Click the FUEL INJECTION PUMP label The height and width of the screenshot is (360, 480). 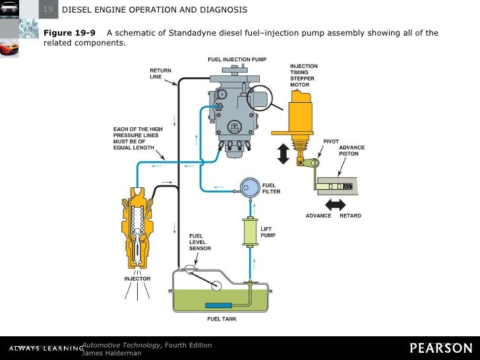pyautogui.click(x=238, y=59)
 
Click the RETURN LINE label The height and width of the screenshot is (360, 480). pyautogui.click(x=160, y=74)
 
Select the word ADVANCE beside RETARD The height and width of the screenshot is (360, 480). pyautogui.click(x=318, y=216)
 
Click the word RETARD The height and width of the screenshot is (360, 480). pyautogui.click(x=350, y=216)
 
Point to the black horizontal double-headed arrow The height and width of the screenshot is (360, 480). pyautogui.click(x=335, y=204)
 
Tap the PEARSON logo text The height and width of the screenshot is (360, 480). pyautogui.click(x=440, y=348)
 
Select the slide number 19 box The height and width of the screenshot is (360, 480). pyautogui.click(x=48, y=9)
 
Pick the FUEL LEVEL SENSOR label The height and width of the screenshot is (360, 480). pyautogui.click(x=200, y=242)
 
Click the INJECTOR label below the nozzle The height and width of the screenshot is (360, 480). pyautogui.click(x=137, y=279)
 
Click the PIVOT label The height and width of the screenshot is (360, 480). pyautogui.click(x=331, y=141)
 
